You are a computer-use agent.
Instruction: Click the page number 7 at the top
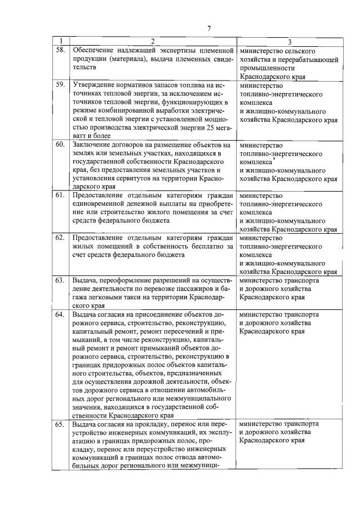(208, 29)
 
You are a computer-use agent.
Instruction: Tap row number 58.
(60, 50)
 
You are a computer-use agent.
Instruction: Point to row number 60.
(60, 145)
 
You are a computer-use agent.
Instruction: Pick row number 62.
(60, 238)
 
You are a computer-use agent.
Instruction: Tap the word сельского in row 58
(308, 50)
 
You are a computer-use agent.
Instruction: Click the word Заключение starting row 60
(94, 145)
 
